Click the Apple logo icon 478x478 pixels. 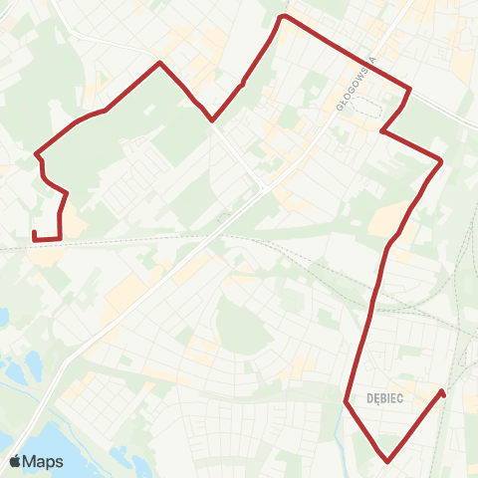(15, 462)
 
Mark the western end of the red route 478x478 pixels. (34, 232)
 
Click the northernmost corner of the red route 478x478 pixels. (285, 16)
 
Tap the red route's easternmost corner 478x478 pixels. (441, 159)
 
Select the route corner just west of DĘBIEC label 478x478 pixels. (346, 402)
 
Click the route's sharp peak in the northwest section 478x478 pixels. (159, 63)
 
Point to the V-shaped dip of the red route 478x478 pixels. (212, 120)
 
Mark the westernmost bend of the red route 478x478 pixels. (36, 154)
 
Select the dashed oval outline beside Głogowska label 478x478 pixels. (366, 108)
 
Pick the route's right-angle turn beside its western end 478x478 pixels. (60, 239)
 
